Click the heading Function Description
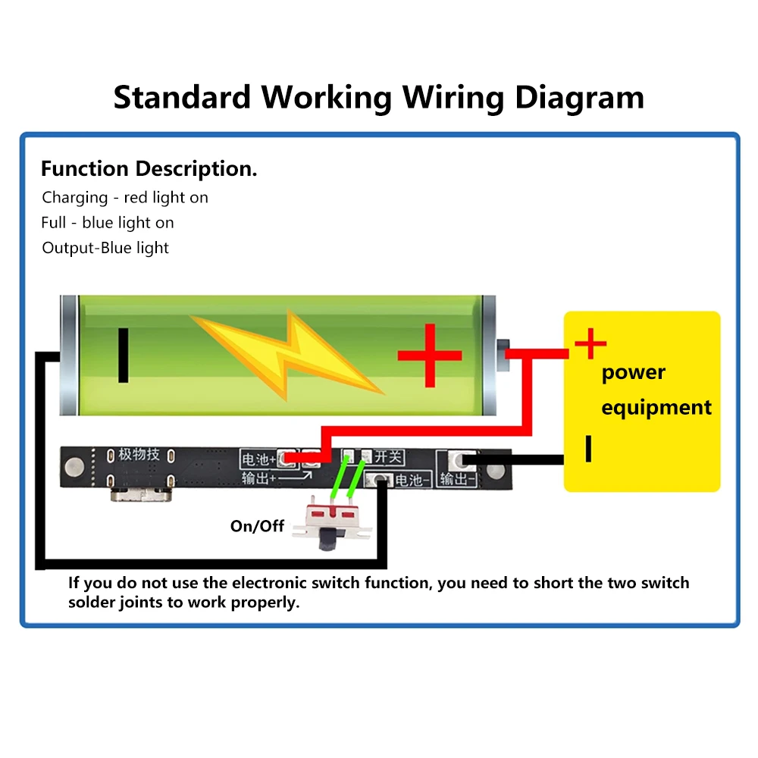[149, 168]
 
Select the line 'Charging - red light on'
[125, 198]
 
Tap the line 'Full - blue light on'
[108, 223]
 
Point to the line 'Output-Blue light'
[105, 248]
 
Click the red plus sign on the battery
[430, 355]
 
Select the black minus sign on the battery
[123, 355]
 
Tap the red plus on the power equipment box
[590, 345]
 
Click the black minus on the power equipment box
[587, 448]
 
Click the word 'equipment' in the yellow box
[656, 407]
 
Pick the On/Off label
[257, 526]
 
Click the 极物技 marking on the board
[139, 455]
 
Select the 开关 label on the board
[389, 457]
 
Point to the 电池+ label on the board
[258, 459]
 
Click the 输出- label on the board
[457, 479]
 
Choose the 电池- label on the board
[413, 480]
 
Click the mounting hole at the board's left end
[76, 462]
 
